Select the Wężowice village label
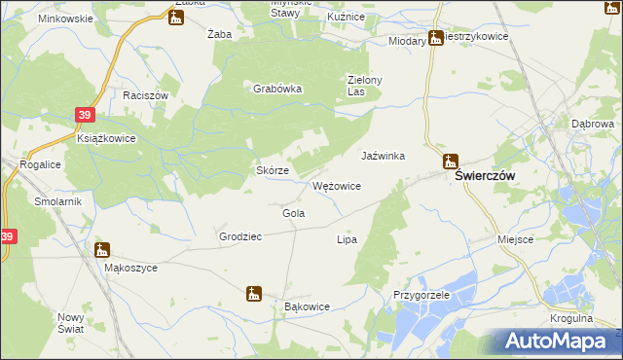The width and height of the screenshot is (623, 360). click(x=337, y=186)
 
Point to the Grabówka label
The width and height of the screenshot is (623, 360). click(x=278, y=89)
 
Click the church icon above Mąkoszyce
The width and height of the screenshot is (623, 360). click(x=102, y=250)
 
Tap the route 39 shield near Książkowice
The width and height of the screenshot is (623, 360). click(x=85, y=115)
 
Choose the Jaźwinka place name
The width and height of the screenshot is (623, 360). click(x=383, y=156)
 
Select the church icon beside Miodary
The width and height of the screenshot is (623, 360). click(x=436, y=39)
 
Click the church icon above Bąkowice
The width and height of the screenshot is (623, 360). click(x=254, y=292)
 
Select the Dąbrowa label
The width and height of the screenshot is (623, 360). click(x=592, y=125)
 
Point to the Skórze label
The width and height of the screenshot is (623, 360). click(x=273, y=170)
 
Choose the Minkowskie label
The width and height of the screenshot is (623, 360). click(x=65, y=18)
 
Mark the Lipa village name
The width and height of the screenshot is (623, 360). click(x=347, y=239)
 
